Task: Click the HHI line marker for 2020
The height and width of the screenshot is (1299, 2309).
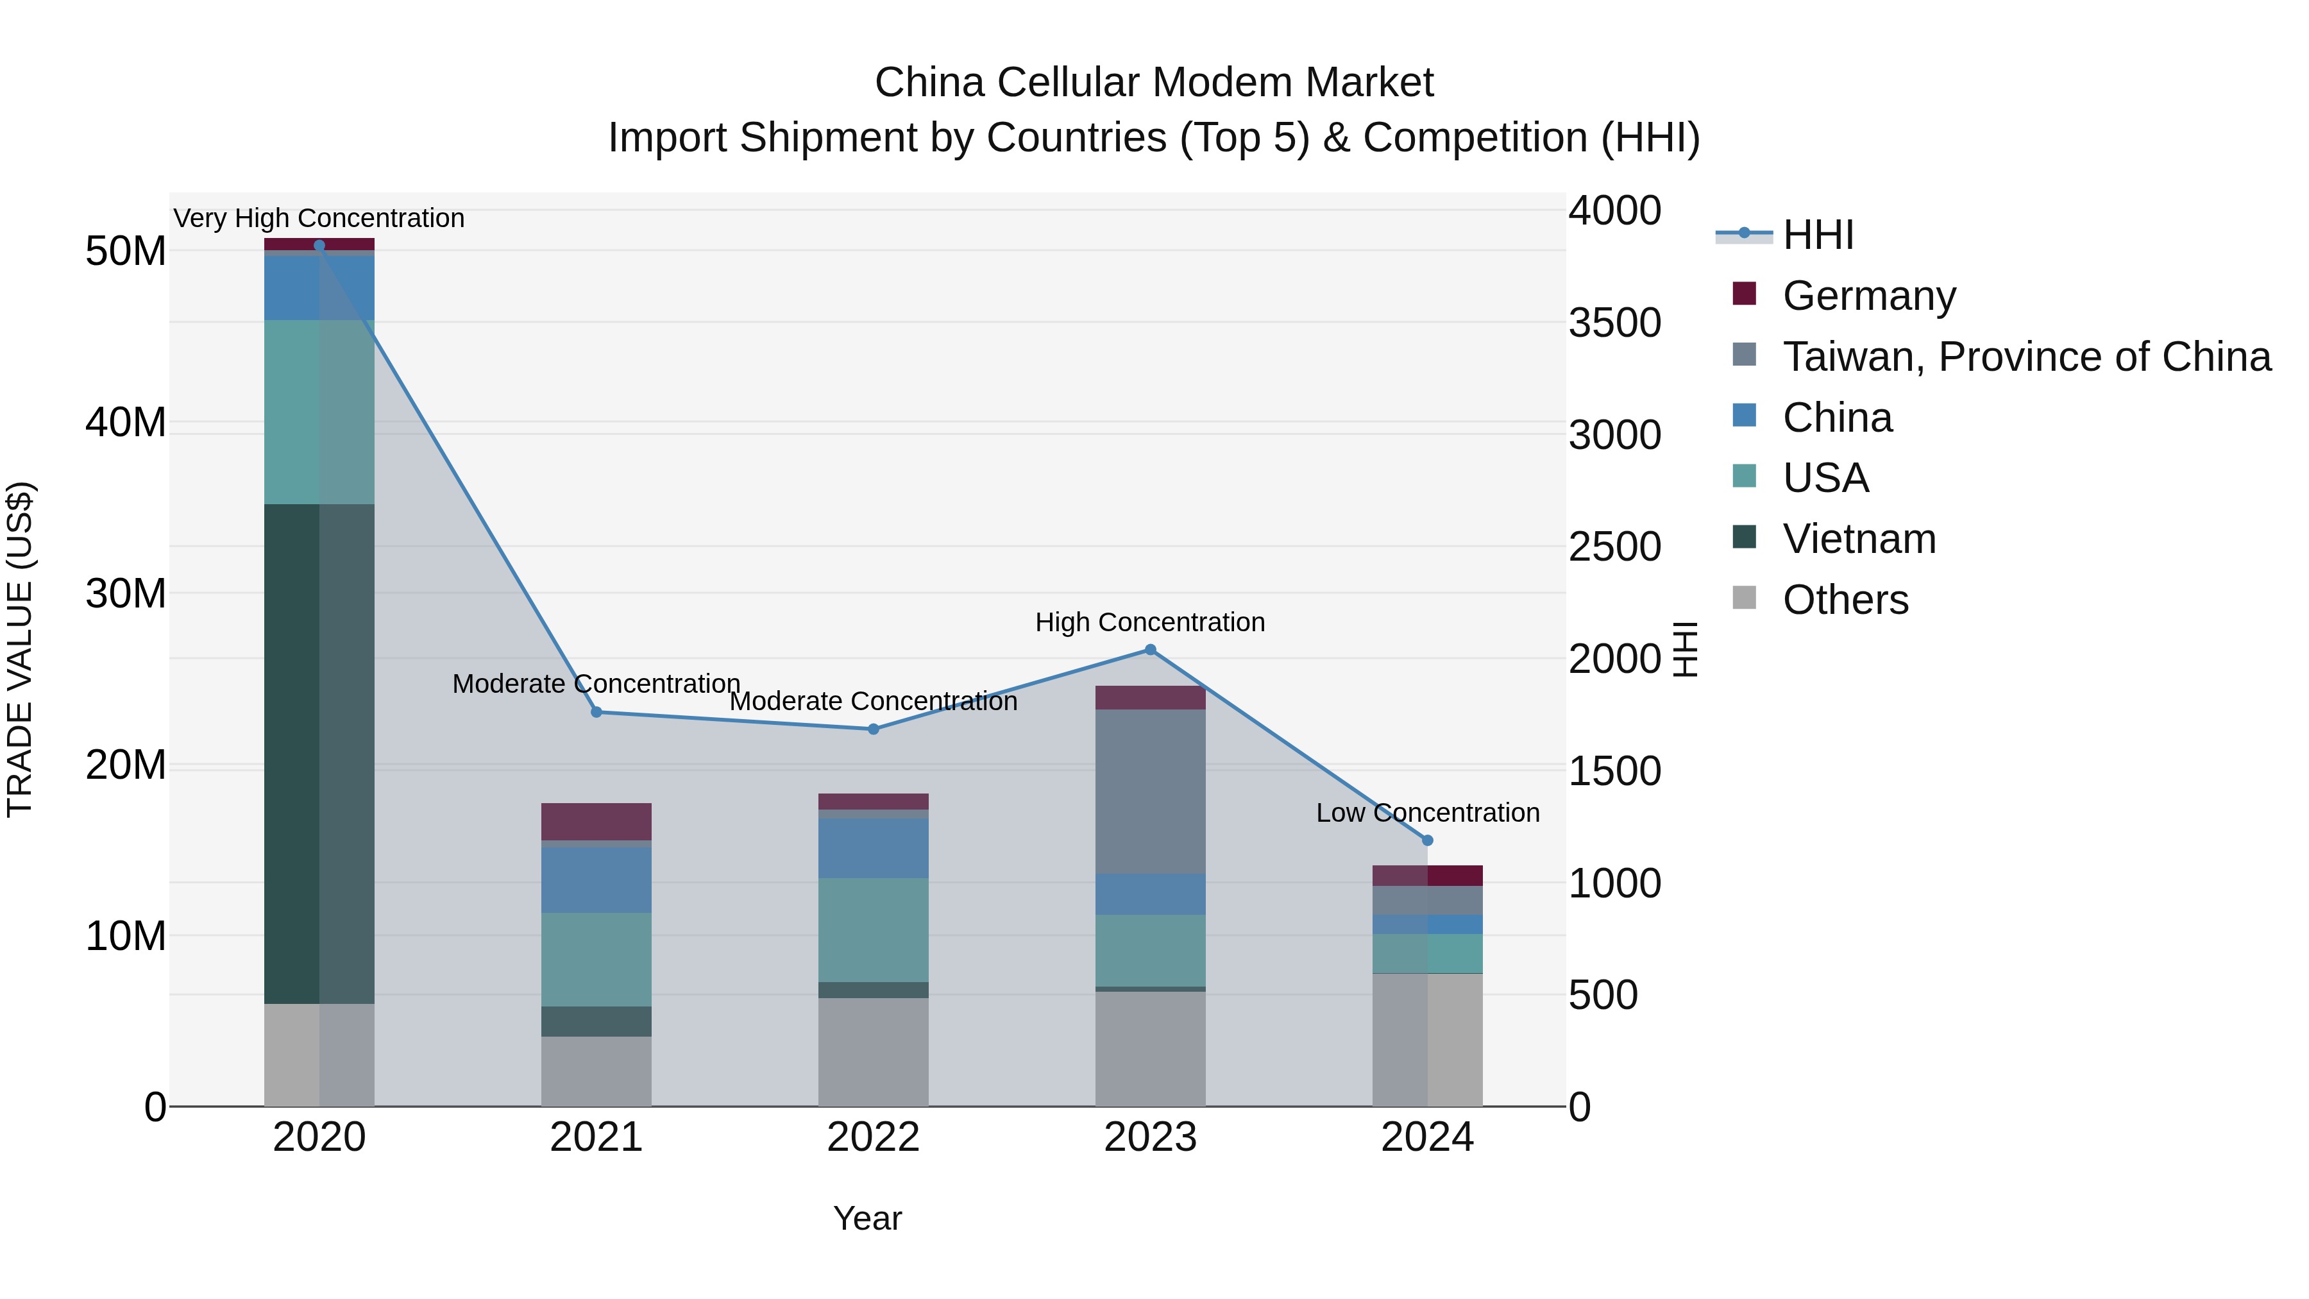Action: [x=319, y=245]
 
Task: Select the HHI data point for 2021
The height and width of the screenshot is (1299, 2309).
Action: [x=596, y=712]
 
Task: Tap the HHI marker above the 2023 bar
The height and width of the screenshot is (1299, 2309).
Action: [x=1150, y=650]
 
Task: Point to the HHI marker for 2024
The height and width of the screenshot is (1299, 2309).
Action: [x=1428, y=840]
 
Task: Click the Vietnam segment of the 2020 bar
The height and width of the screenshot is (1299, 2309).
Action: [x=319, y=753]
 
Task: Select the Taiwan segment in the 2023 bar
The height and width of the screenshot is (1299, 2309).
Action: [x=1150, y=791]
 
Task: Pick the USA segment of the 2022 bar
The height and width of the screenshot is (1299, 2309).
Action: [x=873, y=930]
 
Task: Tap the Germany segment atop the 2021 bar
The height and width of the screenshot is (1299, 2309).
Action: [x=596, y=821]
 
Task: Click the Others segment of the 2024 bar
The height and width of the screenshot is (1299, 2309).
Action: [x=1428, y=1040]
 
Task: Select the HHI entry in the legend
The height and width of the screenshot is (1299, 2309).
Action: [x=1817, y=235]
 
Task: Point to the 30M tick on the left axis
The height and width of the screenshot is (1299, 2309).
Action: [x=126, y=593]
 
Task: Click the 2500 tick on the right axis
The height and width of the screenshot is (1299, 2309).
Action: [x=1614, y=547]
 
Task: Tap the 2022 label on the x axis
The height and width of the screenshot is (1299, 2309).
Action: [x=873, y=1137]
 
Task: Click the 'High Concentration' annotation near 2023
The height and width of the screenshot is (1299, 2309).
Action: [x=1150, y=622]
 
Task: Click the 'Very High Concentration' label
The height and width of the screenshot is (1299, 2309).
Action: [x=319, y=218]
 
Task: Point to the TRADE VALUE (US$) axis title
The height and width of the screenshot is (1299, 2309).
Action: [x=20, y=649]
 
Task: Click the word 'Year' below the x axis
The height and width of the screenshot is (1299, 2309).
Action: [x=867, y=1218]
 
